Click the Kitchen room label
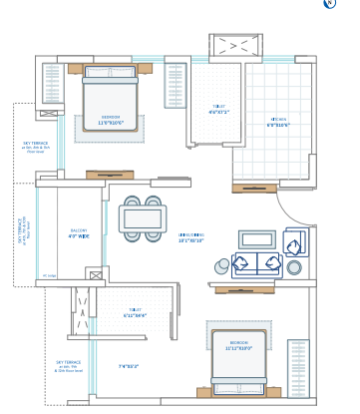tap(277, 123)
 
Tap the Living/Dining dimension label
tap(190, 237)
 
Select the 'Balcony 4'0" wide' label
tap(79, 234)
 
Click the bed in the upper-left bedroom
tap(110, 100)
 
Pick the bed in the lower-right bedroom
tap(238, 360)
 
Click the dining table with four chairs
tap(140, 218)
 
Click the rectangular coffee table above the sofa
tap(256, 239)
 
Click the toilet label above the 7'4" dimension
tap(135, 312)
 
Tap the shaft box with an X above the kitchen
tap(234, 47)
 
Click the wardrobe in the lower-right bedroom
tap(298, 368)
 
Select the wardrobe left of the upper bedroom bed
tap(52, 84)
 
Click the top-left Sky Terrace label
tap(35, 148)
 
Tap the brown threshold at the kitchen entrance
tap(254, 188)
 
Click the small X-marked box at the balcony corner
tap(94, 274)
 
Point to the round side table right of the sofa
tap(294, 267)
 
